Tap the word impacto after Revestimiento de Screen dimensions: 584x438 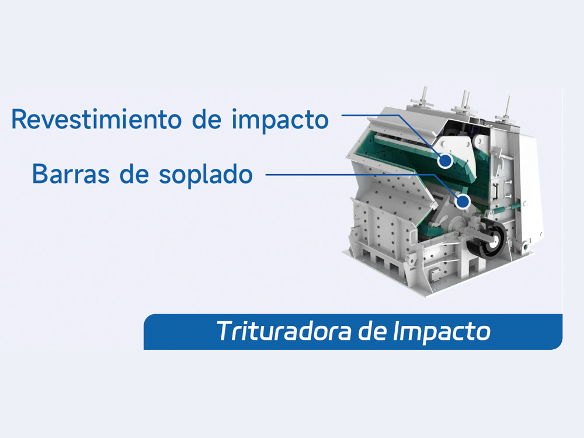[x=280, y=120]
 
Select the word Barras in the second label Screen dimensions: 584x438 [x=71, y=174]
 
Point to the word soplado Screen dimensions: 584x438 [x=206, y=175]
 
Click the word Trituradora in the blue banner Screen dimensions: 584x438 [x=284, y=331]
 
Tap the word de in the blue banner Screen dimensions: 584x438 [x=372, y=331]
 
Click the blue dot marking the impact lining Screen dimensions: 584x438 [x=445, y=161]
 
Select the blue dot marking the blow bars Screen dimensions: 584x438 [x=463, y=201]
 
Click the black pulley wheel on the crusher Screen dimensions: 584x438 [x=487, y=238]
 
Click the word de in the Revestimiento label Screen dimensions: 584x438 [x=207, y=119]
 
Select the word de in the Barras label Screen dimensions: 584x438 [x=134, y=174]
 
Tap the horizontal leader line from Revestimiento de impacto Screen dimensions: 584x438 [x=370, y=115]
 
